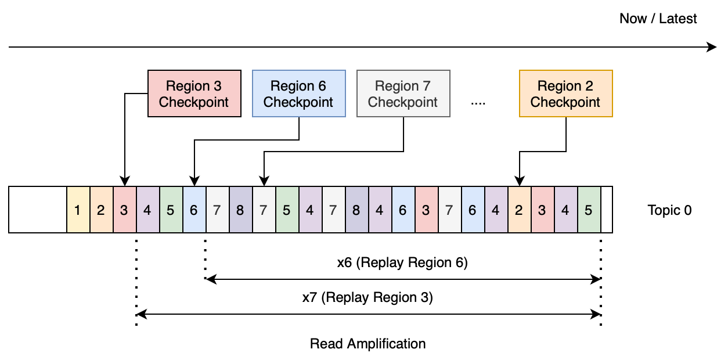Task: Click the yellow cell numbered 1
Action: [x=78, y=210]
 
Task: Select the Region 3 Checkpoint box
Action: [x=194, y=93]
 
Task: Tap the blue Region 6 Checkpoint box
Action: [x=298, y=93]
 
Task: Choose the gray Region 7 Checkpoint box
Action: [x=403, y=93]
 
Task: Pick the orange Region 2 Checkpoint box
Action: [x=565, y=93]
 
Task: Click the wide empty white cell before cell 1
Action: [x=38, y=210]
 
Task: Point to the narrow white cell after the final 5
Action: [x=606, y=210]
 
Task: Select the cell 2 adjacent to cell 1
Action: [x=101, y=210]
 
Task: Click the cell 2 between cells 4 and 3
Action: [x=519, y=210]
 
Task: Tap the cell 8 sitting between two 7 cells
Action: [x=240, y=210]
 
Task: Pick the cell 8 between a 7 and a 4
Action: [x=356, y=210]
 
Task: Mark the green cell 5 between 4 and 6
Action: [x=171, y=210]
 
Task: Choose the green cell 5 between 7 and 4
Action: [x=287, y=210]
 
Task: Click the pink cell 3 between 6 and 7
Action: [x=426, y=210]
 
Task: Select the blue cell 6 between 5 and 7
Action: [x=194, y=210]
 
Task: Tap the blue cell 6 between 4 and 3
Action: [x=403, y=210]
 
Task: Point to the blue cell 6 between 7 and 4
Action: [x=473, y=210]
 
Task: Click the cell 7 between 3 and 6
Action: [x=449, y=210]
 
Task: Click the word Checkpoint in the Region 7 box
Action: [x=403, y=102]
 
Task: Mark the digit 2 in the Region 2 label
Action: [x=589, y=86]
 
